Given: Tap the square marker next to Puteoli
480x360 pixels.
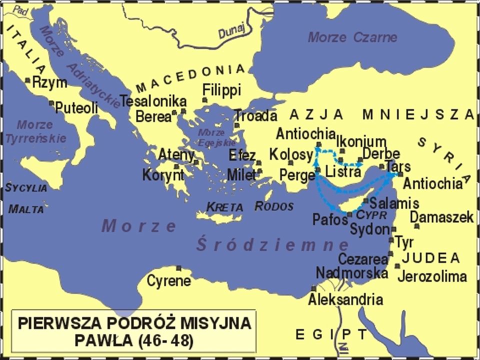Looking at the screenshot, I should tap(51, 103).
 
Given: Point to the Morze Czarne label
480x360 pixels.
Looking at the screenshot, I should tap(352, 37).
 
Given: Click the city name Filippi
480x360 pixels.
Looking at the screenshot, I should tap(221, 90).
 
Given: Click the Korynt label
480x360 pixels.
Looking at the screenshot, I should tap(163, 175).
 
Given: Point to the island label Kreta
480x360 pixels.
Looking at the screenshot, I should tap(224, 206).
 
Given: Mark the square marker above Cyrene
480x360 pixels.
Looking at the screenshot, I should tap(178, 267).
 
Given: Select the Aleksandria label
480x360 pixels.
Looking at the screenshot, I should tap(345, 300).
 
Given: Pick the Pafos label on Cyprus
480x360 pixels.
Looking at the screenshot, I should tap(330, 218).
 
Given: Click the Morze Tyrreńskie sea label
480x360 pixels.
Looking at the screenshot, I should tap(35, 131).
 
